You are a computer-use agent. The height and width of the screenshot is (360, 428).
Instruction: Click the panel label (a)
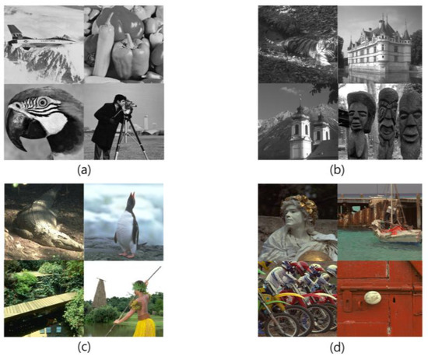tap(84, 170)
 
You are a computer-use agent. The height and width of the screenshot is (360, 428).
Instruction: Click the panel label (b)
tap(337, 170)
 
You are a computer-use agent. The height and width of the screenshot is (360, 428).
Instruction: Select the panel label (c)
tap(84, 348)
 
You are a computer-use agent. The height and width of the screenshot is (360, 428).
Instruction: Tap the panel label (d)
tap(337, 348)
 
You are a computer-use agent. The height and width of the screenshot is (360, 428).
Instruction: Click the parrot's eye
tap(43, 102)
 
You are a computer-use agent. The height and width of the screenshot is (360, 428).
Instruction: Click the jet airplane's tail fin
tap(12, 30)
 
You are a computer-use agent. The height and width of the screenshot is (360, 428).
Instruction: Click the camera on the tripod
tap(130, 107)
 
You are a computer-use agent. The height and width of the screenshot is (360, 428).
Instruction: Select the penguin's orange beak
tap(132, 195)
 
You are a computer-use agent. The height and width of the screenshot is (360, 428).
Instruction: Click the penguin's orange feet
tap(127, 255)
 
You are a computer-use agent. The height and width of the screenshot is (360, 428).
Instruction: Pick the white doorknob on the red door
tap(373, 297)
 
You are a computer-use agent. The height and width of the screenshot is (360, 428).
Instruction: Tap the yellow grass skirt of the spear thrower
tap(145, 327)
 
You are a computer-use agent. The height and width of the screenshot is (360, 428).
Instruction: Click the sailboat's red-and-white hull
tap(397, 234)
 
